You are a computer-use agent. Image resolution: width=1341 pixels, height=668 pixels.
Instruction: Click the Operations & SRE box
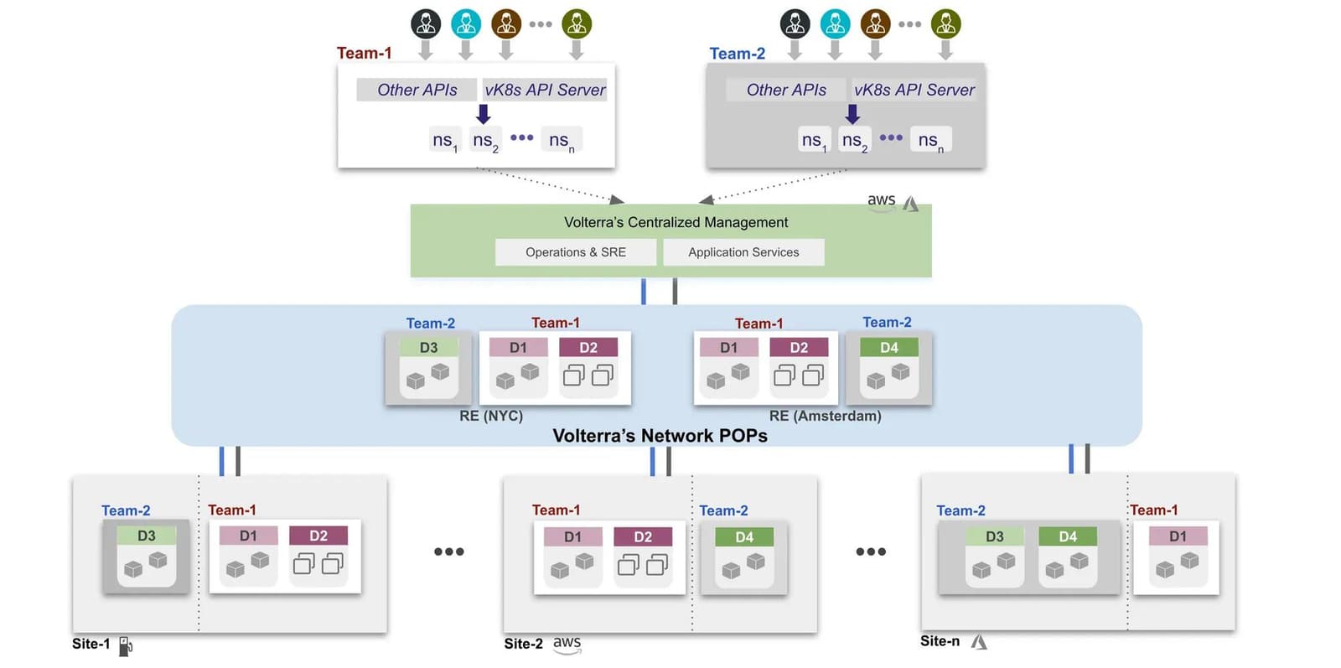click(575, 252)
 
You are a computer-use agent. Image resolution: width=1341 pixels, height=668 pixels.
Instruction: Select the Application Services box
click(743, 252)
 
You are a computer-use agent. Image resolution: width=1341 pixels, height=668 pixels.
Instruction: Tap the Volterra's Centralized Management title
click(676, 222)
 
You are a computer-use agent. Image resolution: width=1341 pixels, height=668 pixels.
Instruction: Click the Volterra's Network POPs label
click(660, 436)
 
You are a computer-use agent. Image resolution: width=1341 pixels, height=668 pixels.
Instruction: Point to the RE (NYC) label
click(491, 416)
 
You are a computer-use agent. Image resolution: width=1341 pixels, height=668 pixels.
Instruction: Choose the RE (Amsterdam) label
click(825, 416)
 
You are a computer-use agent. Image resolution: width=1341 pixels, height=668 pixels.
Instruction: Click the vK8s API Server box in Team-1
click(545, 90)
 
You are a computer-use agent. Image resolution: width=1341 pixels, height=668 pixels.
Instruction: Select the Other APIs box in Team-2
click(786, 90)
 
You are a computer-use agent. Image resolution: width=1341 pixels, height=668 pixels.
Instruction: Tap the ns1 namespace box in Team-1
click(444, 140)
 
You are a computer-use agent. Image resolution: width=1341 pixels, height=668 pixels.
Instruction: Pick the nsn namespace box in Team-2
click(930, 140)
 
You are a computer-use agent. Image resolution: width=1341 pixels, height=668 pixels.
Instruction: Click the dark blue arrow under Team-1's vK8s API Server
click(483, 114)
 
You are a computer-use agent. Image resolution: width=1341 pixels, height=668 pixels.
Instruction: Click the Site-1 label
click(91, 644)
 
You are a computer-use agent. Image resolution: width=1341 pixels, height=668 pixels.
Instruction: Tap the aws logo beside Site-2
click(567, 644)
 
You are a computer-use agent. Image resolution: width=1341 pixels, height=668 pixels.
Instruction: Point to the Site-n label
click(940, 641)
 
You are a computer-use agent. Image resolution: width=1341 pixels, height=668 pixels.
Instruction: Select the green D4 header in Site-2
click(744, 537)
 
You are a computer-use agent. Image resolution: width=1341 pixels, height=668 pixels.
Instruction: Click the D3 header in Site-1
click(146, 536)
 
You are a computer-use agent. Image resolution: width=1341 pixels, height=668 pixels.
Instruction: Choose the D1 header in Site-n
click(1178, 536)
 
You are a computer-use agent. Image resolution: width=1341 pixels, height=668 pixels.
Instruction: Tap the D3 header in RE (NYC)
click(428, 347)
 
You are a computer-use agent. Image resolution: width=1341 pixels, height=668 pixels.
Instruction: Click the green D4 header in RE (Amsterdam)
click(888, 347)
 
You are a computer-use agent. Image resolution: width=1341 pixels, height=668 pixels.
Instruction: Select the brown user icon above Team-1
click(506, 23)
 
